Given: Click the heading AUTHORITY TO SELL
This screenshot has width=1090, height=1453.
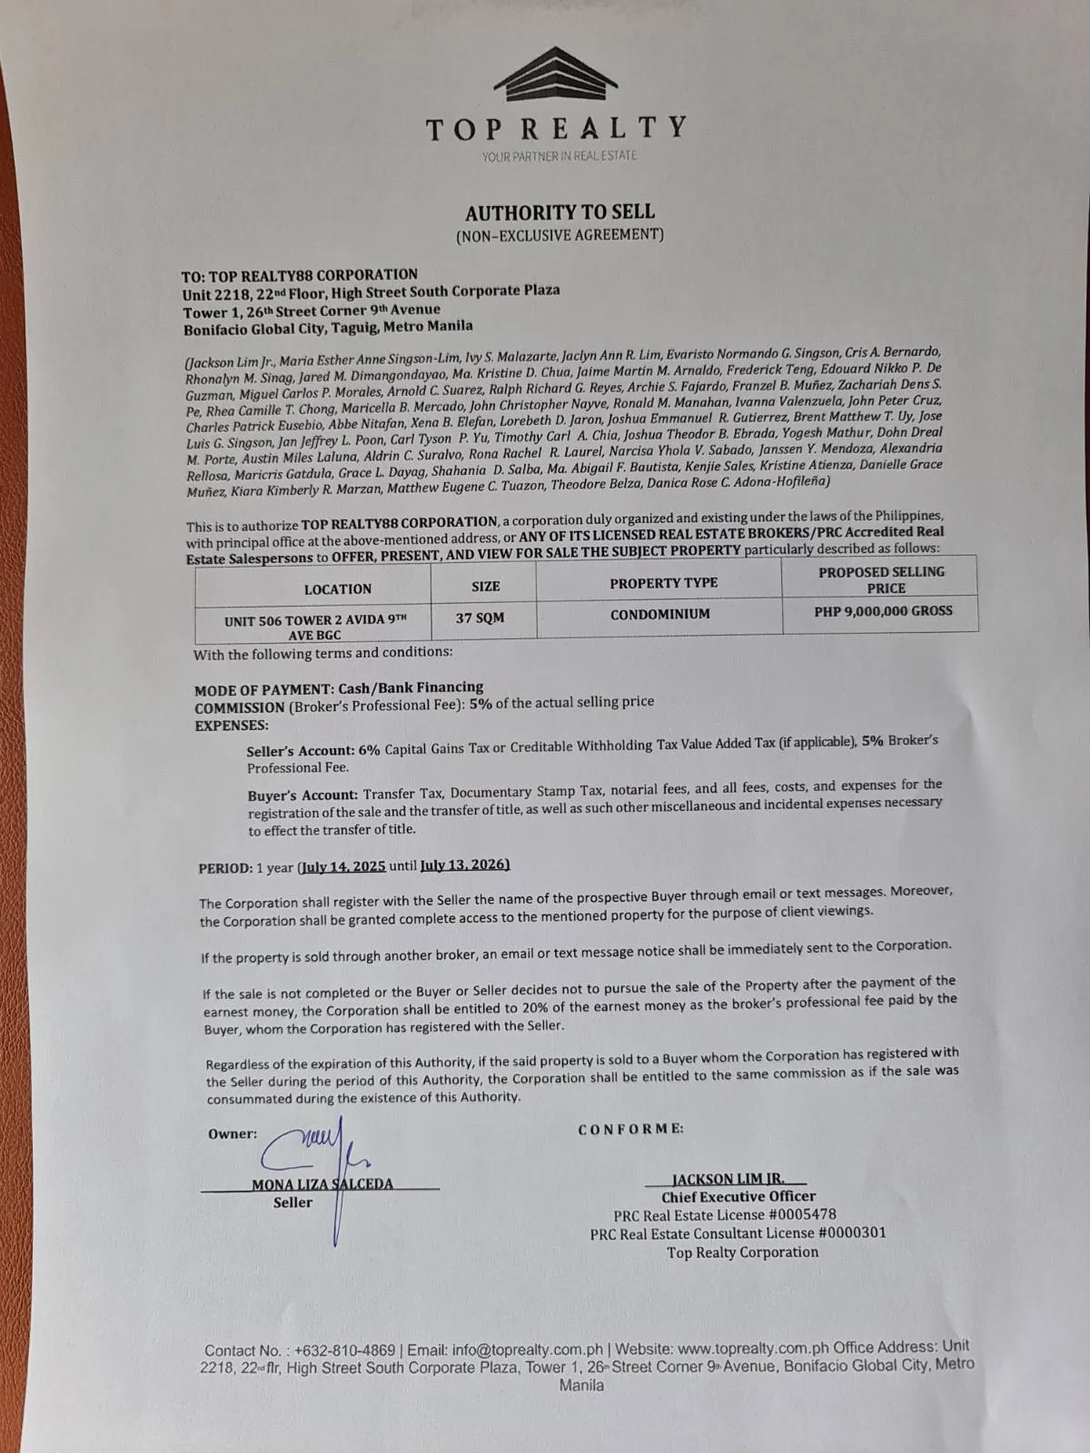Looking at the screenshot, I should [560, 213].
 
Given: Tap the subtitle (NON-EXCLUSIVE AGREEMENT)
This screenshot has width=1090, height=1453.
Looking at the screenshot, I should [560, 235].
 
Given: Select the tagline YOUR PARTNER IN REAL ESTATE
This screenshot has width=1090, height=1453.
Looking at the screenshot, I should [559, 156].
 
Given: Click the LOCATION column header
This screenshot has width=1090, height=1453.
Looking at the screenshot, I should [337, 589].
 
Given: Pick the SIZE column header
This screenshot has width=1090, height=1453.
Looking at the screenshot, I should [485, 587].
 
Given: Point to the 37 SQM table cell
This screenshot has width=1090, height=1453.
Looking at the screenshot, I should [480, 618].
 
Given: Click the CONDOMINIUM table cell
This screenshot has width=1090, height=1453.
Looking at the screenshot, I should [659, 614].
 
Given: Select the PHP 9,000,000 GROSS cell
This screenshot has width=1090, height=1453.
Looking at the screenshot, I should [883, 611].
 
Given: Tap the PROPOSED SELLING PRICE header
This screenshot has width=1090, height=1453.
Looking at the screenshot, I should [881, 579].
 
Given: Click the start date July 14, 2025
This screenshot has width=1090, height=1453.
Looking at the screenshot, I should [344, 866].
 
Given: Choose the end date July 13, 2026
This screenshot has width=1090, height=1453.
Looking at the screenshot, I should [464, 865].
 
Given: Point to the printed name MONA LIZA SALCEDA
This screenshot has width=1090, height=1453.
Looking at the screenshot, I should [322, 1184].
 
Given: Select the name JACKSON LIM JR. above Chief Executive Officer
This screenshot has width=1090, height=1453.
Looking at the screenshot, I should [728, 1179].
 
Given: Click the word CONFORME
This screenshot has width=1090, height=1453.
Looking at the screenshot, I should [630, 1129].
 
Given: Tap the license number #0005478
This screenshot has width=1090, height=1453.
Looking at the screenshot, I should [790, 1214].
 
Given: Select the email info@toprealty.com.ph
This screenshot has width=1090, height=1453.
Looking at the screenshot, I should [528, 1349].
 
